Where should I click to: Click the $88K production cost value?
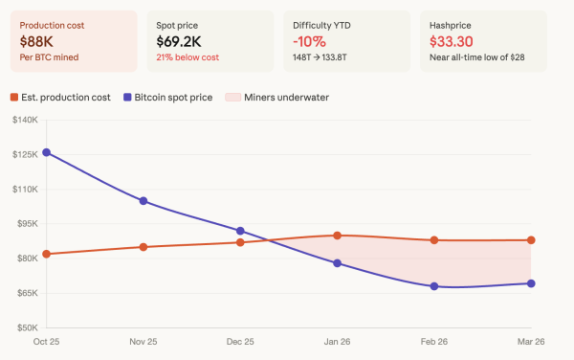pyautogui.click(x=36, y=41)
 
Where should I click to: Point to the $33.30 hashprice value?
pyautogui.click(x=453, y=41)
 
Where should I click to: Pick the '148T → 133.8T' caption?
pyautogui.click(x=326, y=58)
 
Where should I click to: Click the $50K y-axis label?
pyautogui.click(x=26, y=327)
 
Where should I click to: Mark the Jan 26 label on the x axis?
pyautogui.click(x=337, y=342)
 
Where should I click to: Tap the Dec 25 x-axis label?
pyautogui.click(x=240, y=342)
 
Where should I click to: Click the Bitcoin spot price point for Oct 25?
pyautogui.click(x=46, y=152)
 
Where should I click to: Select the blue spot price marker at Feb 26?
pyautogui.click(x=434, y=286)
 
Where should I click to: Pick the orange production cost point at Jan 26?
pyautogui.click(x=338, y=236)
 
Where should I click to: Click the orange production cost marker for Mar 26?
pyautogui.click(x=531, y=240)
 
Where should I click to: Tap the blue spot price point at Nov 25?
pyautogui.click(x=143, y=201)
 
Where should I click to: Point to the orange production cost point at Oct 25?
pyautogui.click(x=46, y=254)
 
